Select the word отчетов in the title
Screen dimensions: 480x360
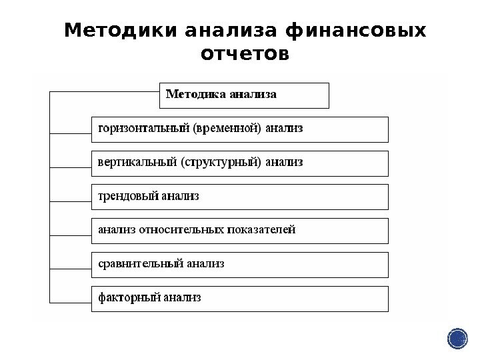pos(245,53)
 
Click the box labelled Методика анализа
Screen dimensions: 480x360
pos(245,95)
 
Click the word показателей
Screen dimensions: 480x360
pos(261,231)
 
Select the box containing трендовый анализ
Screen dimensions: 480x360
pos(239,197)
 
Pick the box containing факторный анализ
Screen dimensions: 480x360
pos(239,298)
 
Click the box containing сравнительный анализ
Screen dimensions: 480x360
pos(239,265)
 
